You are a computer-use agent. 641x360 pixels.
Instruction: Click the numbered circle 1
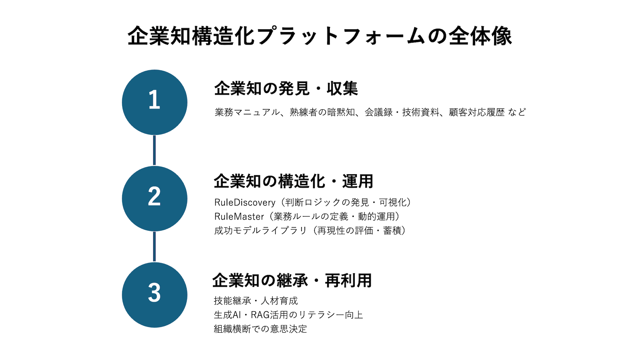(155, 102)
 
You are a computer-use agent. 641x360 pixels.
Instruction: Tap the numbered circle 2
(155, 199)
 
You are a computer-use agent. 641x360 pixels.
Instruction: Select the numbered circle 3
(155, 295)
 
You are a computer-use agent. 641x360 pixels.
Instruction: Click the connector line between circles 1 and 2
(154, 150)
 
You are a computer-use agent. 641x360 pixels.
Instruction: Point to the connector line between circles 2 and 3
(154, 247)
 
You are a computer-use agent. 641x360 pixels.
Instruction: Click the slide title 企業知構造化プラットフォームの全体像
(320, 36)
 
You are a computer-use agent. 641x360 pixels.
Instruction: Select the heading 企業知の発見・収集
(286, 88)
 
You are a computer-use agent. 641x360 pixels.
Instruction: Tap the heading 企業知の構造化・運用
(293, 181)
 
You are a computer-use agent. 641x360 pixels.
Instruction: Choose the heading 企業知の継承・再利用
(292, 280)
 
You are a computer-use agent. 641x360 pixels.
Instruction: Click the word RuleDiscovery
(245, 203)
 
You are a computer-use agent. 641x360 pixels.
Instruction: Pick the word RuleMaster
(239, 217)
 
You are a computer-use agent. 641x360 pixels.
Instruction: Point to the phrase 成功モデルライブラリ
(260, 231)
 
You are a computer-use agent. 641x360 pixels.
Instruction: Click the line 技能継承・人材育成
(256, 301)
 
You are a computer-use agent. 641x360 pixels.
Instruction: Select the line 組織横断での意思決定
(260, 329)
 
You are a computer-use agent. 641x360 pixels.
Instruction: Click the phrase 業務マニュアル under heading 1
(247, 112)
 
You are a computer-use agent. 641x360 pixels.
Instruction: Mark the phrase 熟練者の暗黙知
(322, 112)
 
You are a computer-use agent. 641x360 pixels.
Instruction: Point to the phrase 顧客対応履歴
(477, 112)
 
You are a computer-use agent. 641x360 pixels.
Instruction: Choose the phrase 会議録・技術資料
(402, 112)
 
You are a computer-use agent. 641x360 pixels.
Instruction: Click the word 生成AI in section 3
(227, 315)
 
